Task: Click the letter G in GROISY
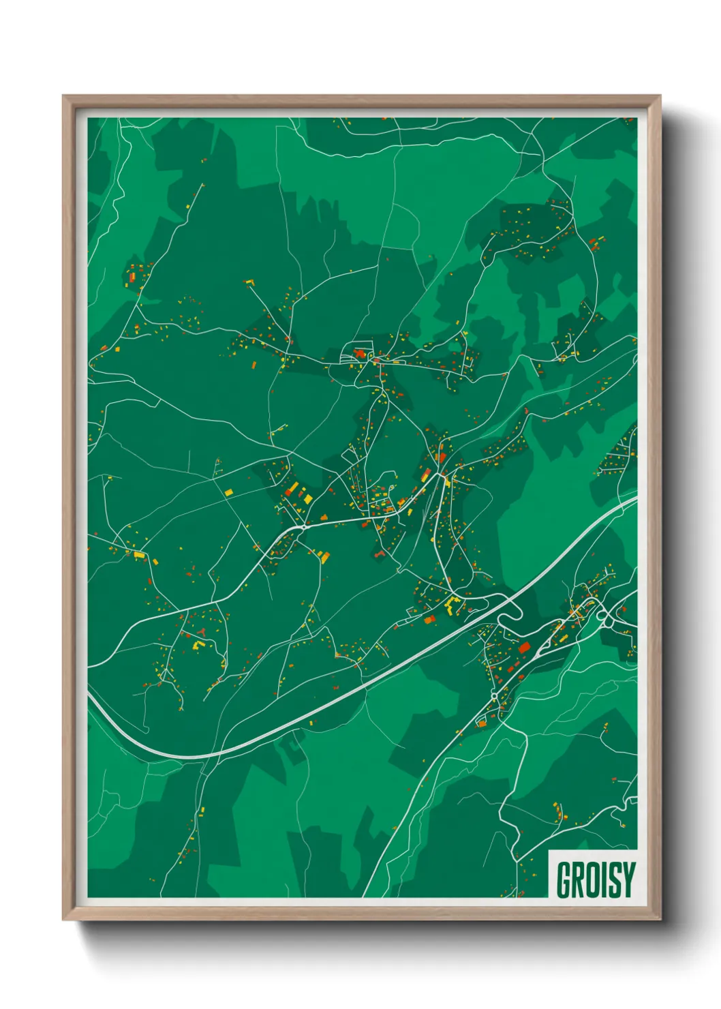pos(566,879)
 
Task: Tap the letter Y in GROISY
pos(628,879)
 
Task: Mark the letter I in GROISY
pos(603,879)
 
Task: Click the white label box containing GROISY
pos(593,874)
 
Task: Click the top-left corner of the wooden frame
pos(63,96)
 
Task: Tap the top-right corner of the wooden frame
pos(660,96)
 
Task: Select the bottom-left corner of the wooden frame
pos(63,919)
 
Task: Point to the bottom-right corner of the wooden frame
pos(660,919)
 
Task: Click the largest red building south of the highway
pos(524,647)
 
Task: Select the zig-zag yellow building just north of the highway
pos(452,603)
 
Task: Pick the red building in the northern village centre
pos(359,354)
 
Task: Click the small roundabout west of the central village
pos(302,527)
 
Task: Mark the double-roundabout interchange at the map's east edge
pos(605,616)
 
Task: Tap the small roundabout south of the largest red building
pos(494,695)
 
